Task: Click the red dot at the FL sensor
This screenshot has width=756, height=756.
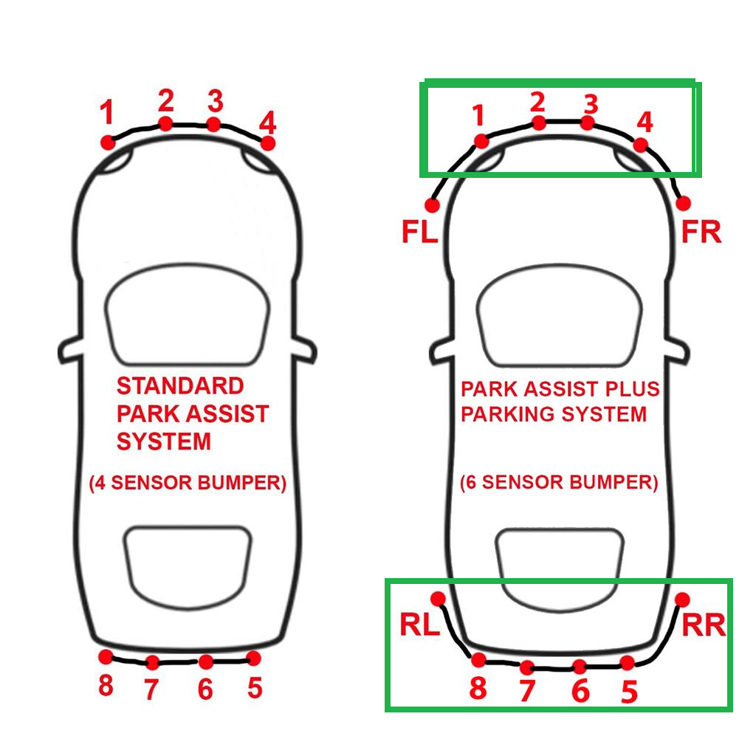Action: pyautogui.click(x=433, y=205)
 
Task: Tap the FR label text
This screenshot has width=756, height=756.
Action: pyautogui.click(x=701, y=232)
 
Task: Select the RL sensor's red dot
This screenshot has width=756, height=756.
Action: pyautogui.click(x=438, y=599)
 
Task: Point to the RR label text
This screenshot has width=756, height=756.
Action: pyautogui.click(x=704, y=625)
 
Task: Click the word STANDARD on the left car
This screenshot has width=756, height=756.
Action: pyautogui.click(x=180, y=385)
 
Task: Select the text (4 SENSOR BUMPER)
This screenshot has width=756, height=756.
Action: pyautogui.click(x=188, y=483)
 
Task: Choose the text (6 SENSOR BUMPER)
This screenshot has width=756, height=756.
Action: pyautogui.click(x=559, y=482)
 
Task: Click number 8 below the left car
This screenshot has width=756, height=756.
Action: pyautogui.click(x=106, y=685)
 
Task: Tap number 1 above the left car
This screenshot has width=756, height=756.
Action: pyautogui.click(x=107, y=112)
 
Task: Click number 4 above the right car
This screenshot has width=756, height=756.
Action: pyautogui.click(x=645, y=123)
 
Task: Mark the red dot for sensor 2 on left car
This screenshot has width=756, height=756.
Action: pyautogui.click(x=165, y=123)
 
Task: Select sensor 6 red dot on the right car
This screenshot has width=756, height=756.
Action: pyautogui.click(x=580, y=667)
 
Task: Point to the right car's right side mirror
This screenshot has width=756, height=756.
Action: pyautogui.click(x=677, y=351)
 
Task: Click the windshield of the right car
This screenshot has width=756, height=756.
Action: pyautogui.click(x=560, y=315)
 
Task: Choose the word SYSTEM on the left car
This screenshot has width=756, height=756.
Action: pyautogui.click(x=164, y=441)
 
